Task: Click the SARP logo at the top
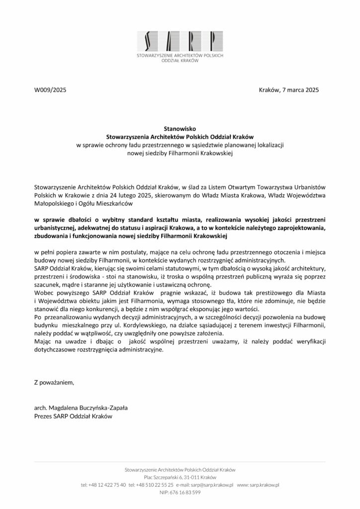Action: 180,40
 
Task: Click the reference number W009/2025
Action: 50,90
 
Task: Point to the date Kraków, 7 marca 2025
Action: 289,90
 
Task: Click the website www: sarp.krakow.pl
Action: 258,484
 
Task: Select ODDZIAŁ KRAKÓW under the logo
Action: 180,61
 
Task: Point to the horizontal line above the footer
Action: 180,462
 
